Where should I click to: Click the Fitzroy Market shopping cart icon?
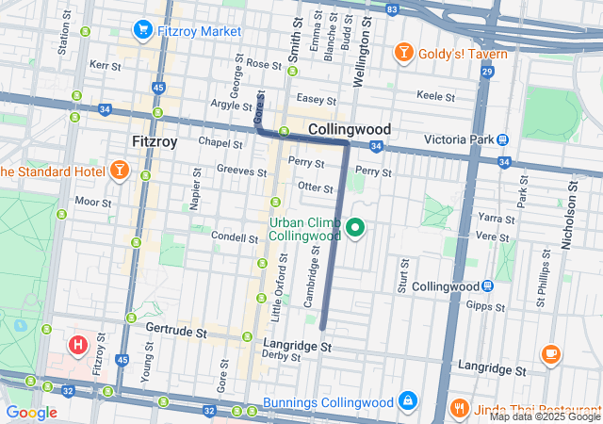click(x=143, y=31)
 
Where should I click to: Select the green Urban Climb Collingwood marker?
click(x=355, y=228)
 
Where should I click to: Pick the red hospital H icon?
click(x=78, y=346)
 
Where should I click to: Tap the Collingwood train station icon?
click(x=487, y=286)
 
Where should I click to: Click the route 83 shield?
click(x=392, y=8)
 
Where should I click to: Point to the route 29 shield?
click(x=486, y=72)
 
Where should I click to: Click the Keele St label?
click(x=435, y=96)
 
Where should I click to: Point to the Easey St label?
click(x=316, y=99)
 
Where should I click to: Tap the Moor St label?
click(x=93, y=202)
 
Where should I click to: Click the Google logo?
click(x=32, y=412)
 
